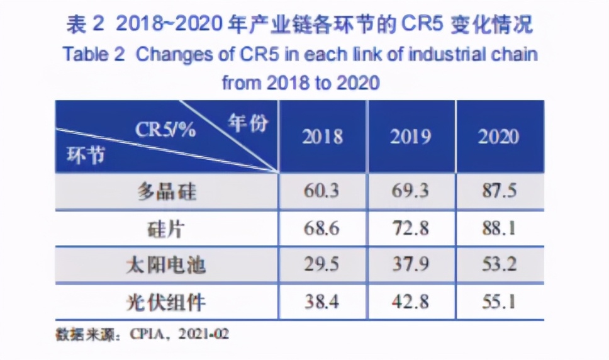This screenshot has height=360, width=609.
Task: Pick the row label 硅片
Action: (167, 228)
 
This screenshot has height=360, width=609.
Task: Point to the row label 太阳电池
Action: (167, 265)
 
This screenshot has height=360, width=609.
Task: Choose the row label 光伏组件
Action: (167, 302)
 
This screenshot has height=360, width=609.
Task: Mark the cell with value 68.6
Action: (322, 228)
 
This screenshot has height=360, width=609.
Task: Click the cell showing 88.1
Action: (498, 228)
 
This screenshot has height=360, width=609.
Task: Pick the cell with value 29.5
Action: (322, 265)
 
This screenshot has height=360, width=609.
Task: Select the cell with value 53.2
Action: (498, 265)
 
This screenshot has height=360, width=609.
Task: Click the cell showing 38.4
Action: (322, 302)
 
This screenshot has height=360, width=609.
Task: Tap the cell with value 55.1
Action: (498, 302)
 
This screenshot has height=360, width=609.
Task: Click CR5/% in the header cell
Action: (165, 130)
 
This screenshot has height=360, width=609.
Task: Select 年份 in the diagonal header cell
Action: (247, 123)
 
